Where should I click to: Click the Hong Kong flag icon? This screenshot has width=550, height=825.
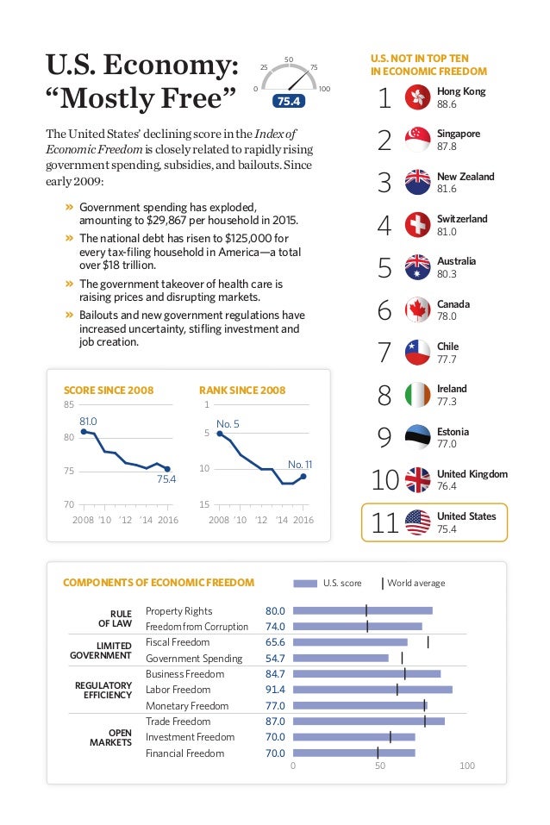tap(417, 98)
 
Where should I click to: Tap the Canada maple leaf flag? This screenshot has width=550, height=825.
tap(417, 310)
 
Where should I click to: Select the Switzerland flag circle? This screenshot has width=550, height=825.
tap(417, 225)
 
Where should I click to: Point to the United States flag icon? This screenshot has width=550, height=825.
tap(417, 522)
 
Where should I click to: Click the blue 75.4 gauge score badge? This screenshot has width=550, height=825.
tap(289, 102)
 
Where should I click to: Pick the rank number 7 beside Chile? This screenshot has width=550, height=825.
tap(384, 353)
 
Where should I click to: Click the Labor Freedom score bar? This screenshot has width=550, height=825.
tap(372, 690)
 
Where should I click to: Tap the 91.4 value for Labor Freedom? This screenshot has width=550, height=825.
tap(275, 690)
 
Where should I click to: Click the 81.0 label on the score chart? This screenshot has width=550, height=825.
tap(88, 421)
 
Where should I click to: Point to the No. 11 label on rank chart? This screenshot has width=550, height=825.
tap(300, 464)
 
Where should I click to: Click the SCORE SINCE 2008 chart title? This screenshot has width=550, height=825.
tap(109, 391)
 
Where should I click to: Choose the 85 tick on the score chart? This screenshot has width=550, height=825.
tap(68, 404)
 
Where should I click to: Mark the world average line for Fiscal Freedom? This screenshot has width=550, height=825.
tap(428, 641)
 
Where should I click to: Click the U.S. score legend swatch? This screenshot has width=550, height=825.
tap(305, 584)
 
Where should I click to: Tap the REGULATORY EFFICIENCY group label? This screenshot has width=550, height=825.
tap(108, 690)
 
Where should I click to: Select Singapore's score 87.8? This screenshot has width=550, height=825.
tap(447, 147)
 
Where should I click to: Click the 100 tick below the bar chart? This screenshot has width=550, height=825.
tap(467, 766)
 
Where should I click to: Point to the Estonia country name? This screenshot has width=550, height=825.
tap(453, 432)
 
